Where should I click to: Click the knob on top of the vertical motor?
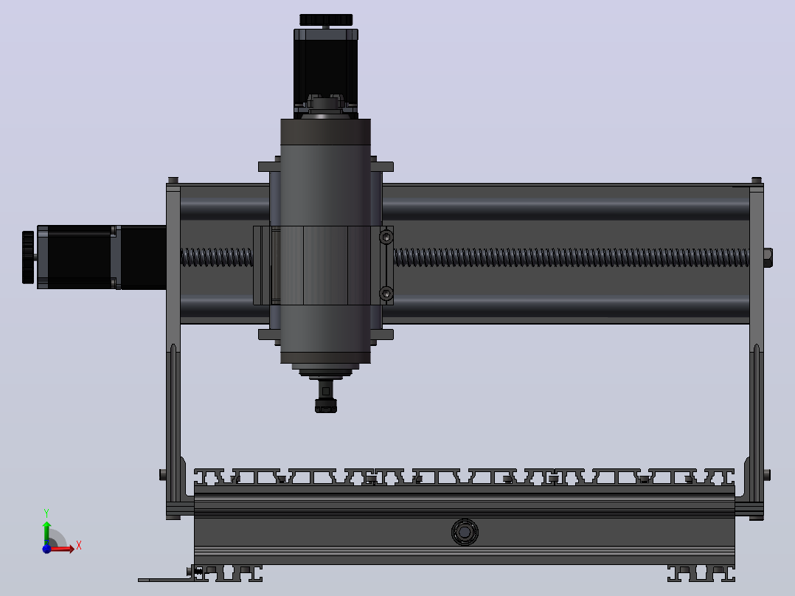click(x=325, y=20)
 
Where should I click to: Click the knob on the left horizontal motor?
click(x=28, y=257)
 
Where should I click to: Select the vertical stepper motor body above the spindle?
click(x=326, y=71)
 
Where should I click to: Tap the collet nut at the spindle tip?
click(x=325, y=406)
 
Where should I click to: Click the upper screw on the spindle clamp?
click(x=386, y=237)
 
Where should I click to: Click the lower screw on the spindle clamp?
click(x=386, y=294)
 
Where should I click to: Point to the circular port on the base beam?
click(x=465, y=532)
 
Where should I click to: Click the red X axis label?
click(x=79, y=546)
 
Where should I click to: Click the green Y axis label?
click(x=46, y=513)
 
